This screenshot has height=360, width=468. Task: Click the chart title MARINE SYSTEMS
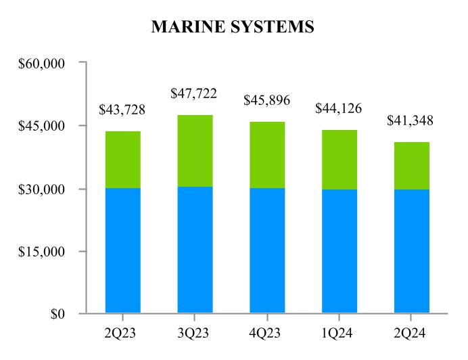233,26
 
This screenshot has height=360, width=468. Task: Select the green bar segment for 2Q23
122,159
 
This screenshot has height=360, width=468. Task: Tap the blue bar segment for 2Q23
122,250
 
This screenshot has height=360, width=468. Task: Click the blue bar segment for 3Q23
195,250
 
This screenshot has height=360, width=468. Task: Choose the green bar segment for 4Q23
266,154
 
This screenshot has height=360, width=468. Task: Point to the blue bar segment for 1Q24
339,251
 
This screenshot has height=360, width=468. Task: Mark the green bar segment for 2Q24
411,166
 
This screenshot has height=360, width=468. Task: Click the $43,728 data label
122,109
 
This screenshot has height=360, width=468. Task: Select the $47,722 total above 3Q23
195,93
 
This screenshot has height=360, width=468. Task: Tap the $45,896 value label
266,100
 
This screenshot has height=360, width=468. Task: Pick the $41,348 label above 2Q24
411,120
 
